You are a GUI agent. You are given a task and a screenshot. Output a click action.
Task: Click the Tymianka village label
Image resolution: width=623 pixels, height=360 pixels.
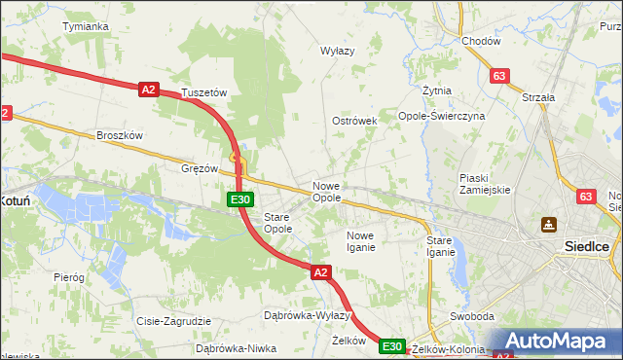click(85, 26)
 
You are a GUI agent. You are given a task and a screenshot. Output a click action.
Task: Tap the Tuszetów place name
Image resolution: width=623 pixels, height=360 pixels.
click(204, 93)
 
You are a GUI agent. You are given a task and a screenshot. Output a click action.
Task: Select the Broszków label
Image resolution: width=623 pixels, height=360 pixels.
click(120, 135)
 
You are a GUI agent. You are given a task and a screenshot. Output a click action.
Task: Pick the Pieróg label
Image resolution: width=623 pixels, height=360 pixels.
click(69, 277)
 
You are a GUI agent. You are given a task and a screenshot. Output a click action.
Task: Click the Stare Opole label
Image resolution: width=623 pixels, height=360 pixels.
click(278, 222)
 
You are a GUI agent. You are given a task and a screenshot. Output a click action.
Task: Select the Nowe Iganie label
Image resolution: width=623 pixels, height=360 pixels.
click(360, 241)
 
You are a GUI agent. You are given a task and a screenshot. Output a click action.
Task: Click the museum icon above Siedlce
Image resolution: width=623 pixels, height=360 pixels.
click(549, 225)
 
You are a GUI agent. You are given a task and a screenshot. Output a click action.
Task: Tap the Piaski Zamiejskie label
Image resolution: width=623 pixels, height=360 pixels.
click(485, 183)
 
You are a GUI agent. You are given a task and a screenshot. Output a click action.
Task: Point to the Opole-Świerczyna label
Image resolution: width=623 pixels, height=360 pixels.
click(442, 116)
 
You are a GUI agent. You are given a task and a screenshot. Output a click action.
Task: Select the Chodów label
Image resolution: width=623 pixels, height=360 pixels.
click(481, 42)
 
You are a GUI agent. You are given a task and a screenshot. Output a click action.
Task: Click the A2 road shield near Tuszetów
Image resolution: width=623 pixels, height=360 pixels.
click(148, 90)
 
